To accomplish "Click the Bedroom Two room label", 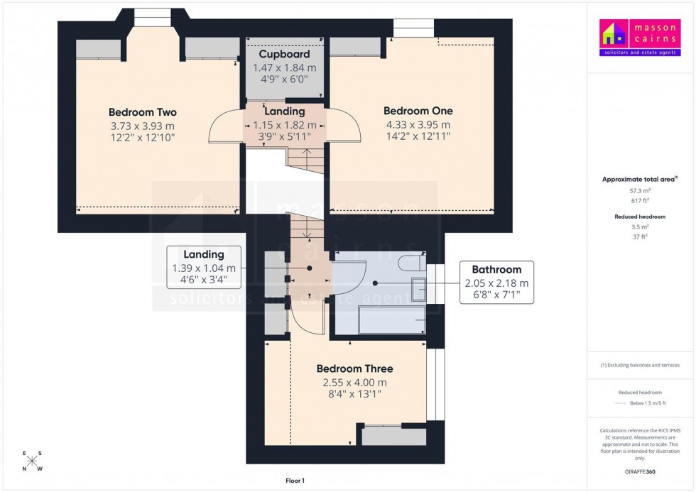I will (142, 112).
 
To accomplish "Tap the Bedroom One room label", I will (418, 111).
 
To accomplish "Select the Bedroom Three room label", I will (354, 368).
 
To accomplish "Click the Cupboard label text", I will (284, 54).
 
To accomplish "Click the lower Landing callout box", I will (203, 267).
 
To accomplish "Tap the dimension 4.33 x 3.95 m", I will (418, 124).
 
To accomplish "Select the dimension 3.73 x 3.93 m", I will (142, 126).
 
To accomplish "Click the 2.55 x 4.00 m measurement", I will (354, 382).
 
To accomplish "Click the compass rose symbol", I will (33, 461).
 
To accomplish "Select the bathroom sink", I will (418, 290).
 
